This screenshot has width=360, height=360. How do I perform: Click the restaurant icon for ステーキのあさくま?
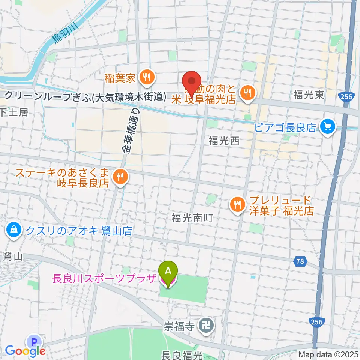point(120,178)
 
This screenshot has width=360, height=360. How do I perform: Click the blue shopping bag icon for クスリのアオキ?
point(14,230)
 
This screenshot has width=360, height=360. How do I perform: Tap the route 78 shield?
point(300,261)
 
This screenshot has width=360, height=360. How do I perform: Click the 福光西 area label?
point(224,141)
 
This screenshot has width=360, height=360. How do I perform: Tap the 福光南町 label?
point(192,217)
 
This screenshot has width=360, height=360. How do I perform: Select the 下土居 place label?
point(14,112)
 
